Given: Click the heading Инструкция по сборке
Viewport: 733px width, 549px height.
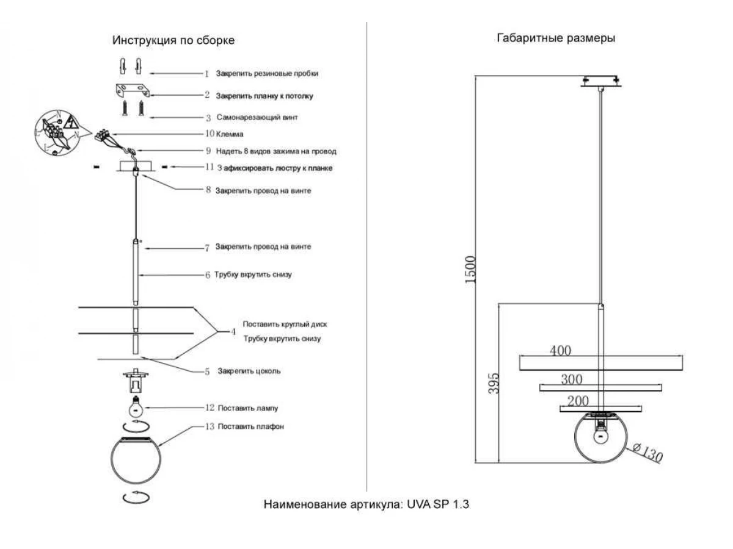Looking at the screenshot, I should click(x=173, y=40).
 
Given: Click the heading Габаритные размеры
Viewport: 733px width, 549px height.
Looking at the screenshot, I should click(x=556, y=38).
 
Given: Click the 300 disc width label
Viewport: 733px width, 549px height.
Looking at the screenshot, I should click(x=571, y=379).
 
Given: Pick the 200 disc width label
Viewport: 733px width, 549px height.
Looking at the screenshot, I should click(x=578, y=401).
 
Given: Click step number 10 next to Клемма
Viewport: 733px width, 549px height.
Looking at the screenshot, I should click(x=210, y=133).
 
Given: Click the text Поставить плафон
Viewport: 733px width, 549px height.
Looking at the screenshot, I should click(x=250, y=426).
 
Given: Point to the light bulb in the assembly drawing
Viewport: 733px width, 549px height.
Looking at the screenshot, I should click(x=136, y=404).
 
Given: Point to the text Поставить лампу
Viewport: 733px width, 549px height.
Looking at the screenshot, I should click(x=247, y=407).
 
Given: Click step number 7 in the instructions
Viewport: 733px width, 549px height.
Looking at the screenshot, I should click(x=207, y=248).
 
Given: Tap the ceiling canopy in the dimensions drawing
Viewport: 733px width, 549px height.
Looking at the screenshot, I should click(x=601, y=81).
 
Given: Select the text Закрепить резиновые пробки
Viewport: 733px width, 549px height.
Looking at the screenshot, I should click(x=267, y=73).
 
